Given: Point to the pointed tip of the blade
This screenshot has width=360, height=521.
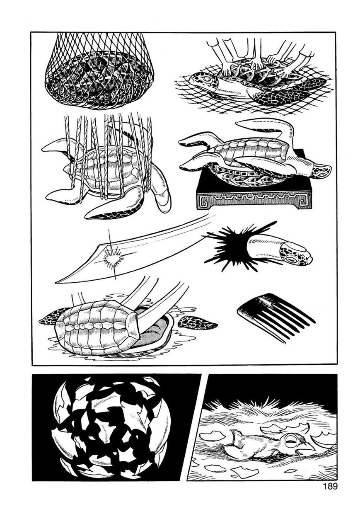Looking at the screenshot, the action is point(56,283).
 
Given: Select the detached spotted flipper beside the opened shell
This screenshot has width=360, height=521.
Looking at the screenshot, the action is point(197,323).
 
